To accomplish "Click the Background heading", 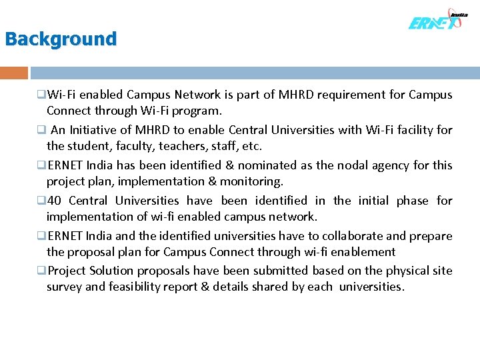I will [x=61, y=39].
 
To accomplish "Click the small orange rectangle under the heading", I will [x=14, y=73].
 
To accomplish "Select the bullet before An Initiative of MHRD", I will [x=41, y=130].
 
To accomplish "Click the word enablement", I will [x=363, y=252].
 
